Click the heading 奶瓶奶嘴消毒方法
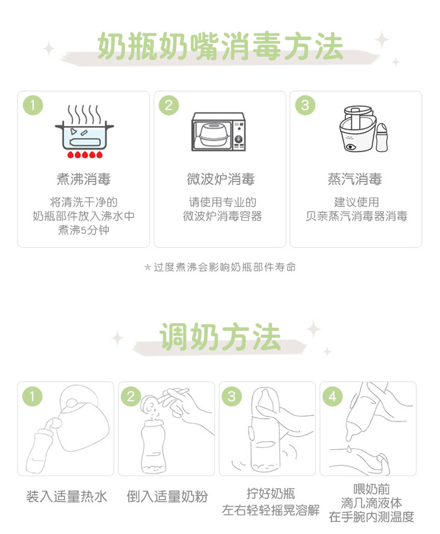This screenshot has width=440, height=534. [x=220, y=46]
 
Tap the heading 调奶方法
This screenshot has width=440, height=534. [x=220, y=336]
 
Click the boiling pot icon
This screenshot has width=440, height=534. [x=84, y=131]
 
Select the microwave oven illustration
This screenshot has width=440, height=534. [x=218, y=132]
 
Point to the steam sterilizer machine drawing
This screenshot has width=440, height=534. [x=357, y=129]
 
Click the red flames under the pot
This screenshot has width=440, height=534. [x=84, y=155]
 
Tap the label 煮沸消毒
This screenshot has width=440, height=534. [x=84, y=179]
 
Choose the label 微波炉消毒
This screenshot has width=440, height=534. [x=221, y=179]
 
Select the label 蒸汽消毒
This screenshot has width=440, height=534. [x=355, y=179]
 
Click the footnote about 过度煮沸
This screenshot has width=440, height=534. [x=220, y=267]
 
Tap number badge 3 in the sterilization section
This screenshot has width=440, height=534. [x=305, y=105]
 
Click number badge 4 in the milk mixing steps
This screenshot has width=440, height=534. [x=332, y=396]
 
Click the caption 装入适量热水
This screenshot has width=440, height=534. [x=67, y=496]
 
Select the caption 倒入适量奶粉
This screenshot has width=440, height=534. [x=167, y=496]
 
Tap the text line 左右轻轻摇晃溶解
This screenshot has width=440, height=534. [x=271, y=510]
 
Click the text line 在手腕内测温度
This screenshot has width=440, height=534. [x=371, y=517]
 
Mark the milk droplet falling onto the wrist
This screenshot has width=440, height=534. [x=349, y=449]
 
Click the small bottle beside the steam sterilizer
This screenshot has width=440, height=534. [x=382, y=137]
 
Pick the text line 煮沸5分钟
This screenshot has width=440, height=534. [x=84, y=230]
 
